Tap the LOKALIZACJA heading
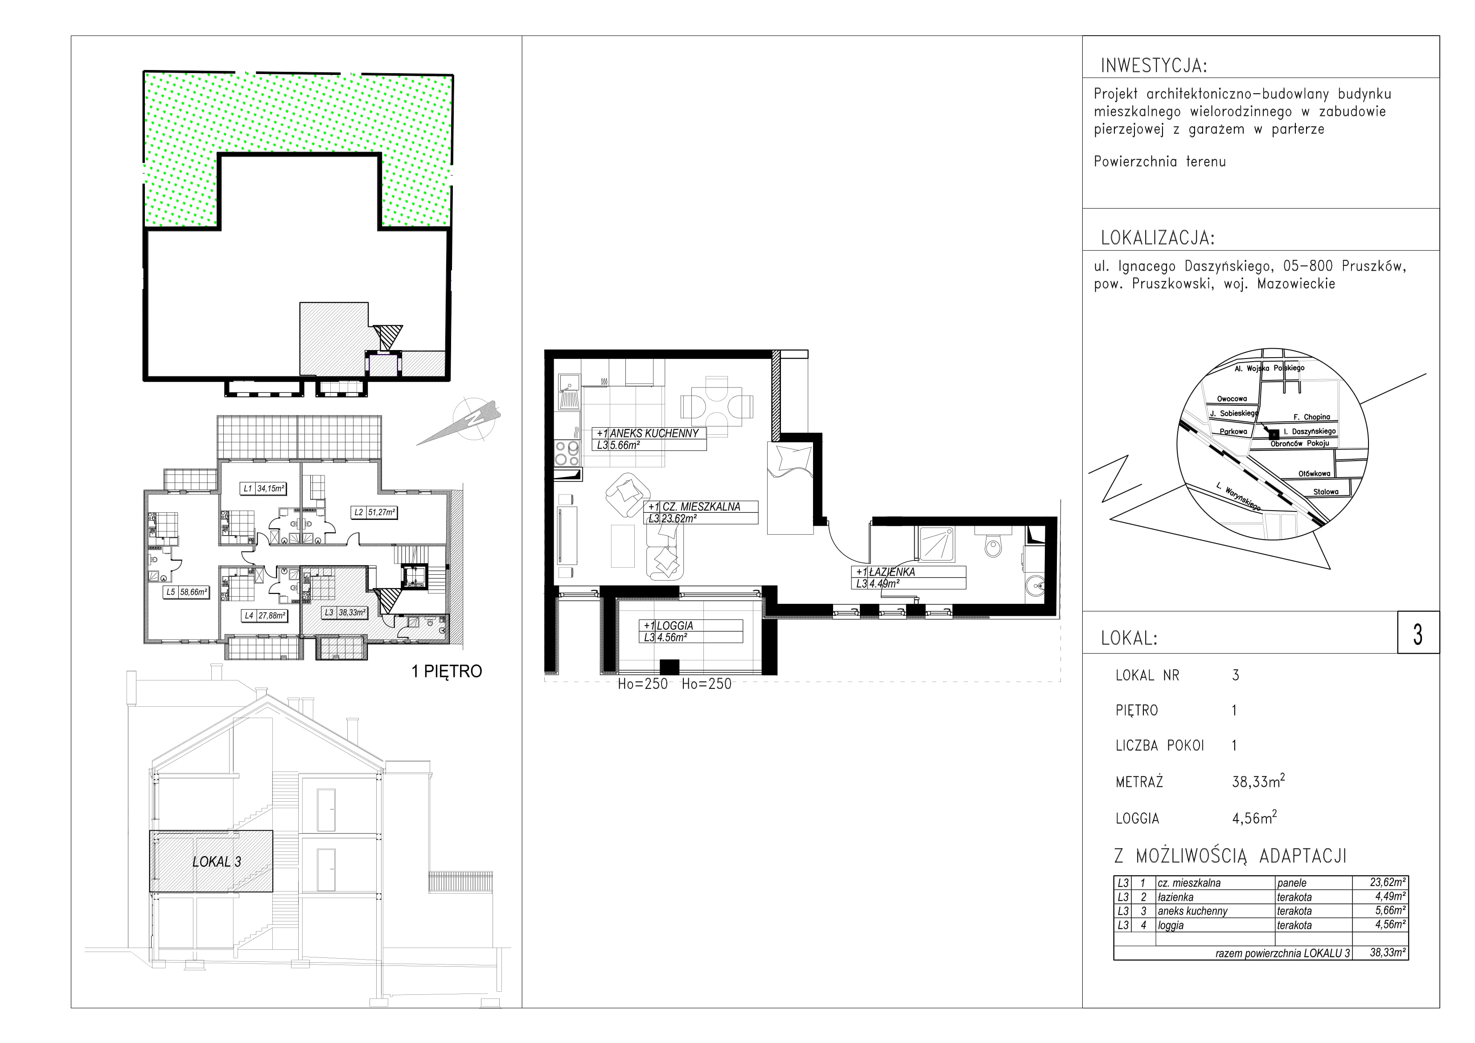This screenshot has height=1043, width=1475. pyautogui.click(x=1158, y=239)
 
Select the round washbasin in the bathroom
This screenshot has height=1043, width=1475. pyautogui.click(x=1037, y=586)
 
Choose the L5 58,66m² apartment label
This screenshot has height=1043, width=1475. pyautogui.click(x=186, y=593)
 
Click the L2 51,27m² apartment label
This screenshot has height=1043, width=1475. pyautogui.click(x=374, y=512)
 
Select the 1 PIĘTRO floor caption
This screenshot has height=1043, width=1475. pyautogui.click(x=447, y=672)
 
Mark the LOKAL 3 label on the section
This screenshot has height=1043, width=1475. pyautogui.click(x=217, y=862)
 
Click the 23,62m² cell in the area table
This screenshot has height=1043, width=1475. pyautogui.click(x=1388, y=883)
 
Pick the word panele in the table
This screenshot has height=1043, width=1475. pyautogui.click(x=1292, y=883)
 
